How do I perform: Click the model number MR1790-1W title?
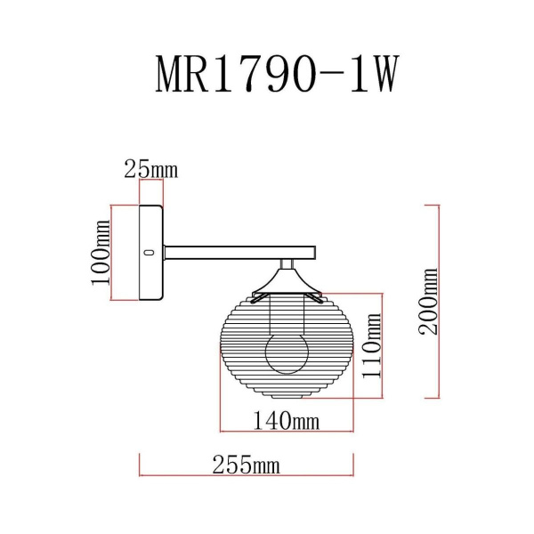click(275, 77)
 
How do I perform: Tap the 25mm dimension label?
click(150, 168)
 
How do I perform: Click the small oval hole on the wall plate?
click(149, 253)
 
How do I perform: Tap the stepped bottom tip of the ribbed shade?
click(287, 395)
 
